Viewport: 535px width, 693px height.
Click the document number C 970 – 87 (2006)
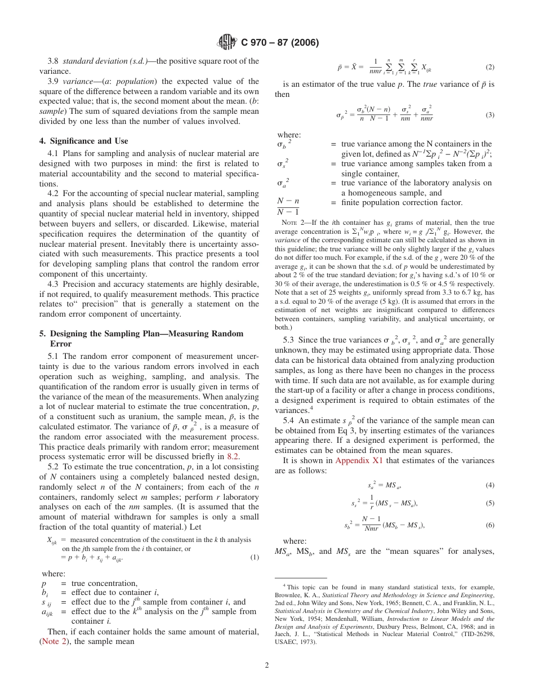click(280, 42)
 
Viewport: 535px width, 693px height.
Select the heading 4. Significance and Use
click(89, 141)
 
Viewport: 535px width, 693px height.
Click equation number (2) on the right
click(489, 67)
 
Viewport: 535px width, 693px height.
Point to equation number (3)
click(489, 115)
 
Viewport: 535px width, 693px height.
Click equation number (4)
click(489, 485)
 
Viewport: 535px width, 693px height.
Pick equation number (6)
click(489, 525)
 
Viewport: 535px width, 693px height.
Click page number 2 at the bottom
click(267, 665)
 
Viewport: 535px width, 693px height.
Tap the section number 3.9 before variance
click(54, 81)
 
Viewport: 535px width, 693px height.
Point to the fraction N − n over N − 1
click(288, 207)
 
